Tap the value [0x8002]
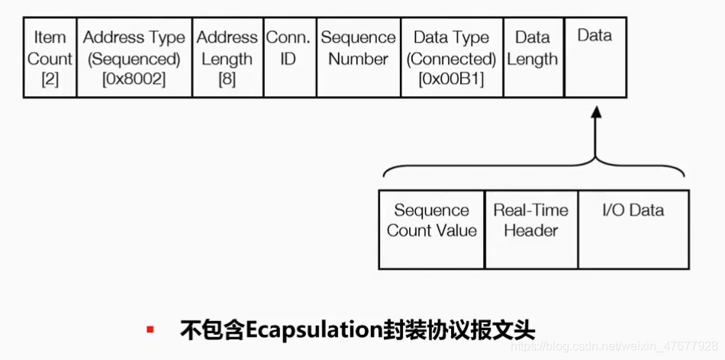134,79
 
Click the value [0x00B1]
452,79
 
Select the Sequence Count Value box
431,229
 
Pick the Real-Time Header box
531,229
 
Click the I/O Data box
633,229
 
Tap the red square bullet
151,329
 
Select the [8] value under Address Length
227,79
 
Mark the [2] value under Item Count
50,79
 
